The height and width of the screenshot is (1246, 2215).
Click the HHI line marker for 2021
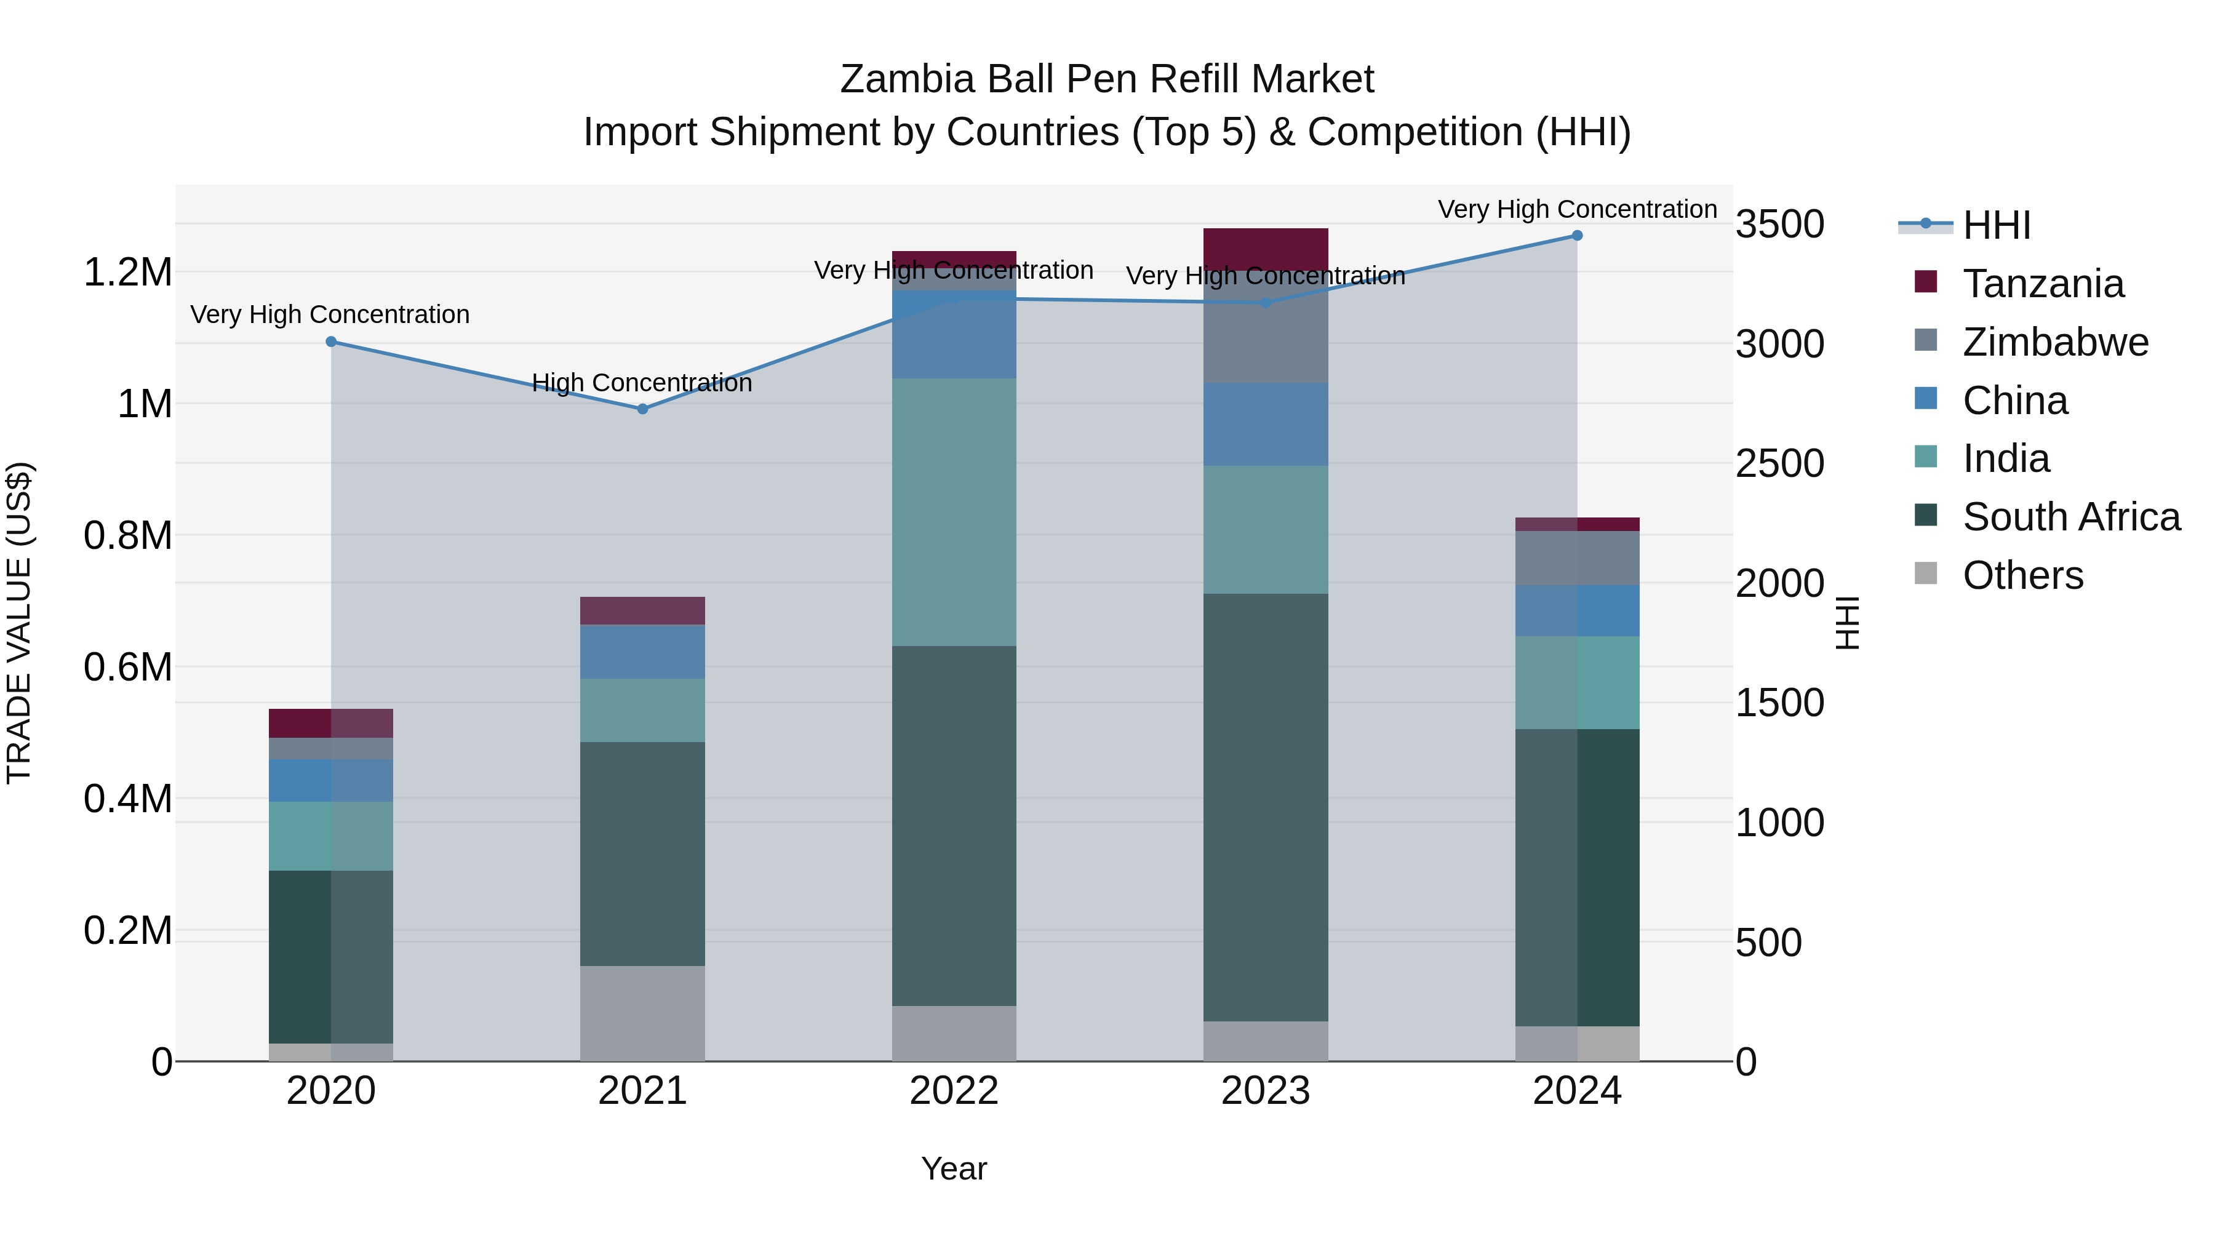[642, 409]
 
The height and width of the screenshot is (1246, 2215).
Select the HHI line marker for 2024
[1577, 236]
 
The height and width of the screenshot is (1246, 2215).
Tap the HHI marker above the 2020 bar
[331, 342]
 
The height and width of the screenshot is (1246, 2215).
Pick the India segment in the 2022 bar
[954, 512]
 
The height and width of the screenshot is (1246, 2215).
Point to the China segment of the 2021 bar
[642, 652]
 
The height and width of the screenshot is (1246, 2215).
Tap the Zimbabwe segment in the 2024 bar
[1577, 558]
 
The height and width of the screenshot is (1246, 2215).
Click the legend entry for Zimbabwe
[2055, 342]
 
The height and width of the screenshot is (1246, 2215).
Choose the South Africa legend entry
[2070, 517]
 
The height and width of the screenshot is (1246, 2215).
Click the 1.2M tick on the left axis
[127, 273]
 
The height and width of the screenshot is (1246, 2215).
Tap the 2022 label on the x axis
[954, 1091]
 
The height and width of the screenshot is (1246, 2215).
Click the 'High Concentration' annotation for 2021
[642, 383]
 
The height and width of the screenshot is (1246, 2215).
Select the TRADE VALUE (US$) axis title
[19, 623]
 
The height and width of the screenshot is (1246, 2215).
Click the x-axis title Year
[954, 1168]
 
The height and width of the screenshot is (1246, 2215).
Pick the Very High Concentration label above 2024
[1577, 209]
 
